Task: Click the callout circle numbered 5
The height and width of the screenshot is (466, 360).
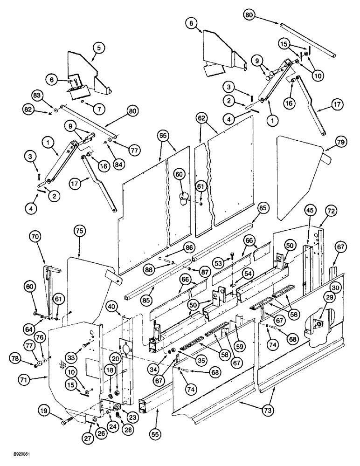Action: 99,47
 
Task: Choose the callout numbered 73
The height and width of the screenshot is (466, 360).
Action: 270,410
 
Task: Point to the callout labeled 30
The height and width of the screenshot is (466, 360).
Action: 335,287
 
